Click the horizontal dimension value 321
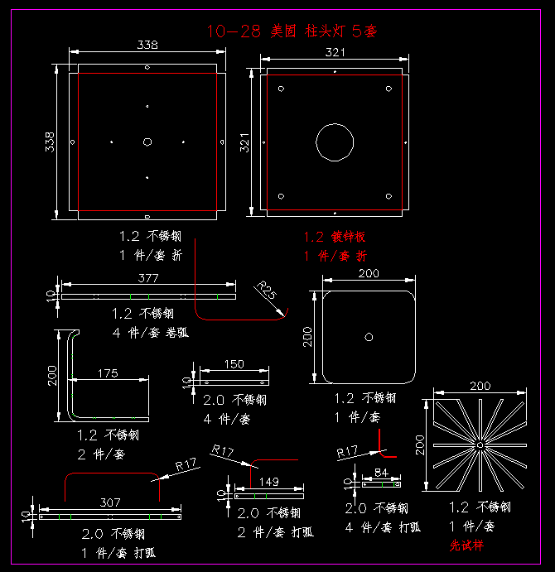(334, 51)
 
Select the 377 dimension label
(148, 277)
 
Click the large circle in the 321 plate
(334, 141)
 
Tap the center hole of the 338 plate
(147, 142)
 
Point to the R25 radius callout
(267, 291)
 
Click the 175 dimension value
(108, 373)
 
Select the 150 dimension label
(234, 363)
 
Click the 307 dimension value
(110, 502)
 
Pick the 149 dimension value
(269, 481)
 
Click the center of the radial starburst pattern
(479, 445)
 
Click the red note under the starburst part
(466, 546)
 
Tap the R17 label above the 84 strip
(347, 452)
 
